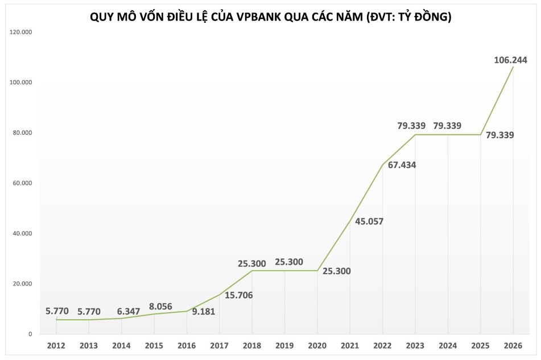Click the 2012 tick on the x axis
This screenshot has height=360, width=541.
click(x=56, y=346)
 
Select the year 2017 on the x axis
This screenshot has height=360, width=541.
click(x=220, y=346)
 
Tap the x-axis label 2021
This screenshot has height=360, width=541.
click(x=350, y=346)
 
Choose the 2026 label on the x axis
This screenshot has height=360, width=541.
click(x=513, y=346)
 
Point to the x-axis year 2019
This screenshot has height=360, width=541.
click(x=284, y=346)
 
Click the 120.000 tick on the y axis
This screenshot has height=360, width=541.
click(x=21, y=32)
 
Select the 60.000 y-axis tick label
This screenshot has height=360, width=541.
click(x=22, y=183)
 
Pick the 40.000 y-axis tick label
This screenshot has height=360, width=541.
click(x=22, y=233)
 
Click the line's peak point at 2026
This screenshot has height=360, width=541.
click(x=513, y=67)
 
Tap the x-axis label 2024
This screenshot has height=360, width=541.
click(x=448, y=346)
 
